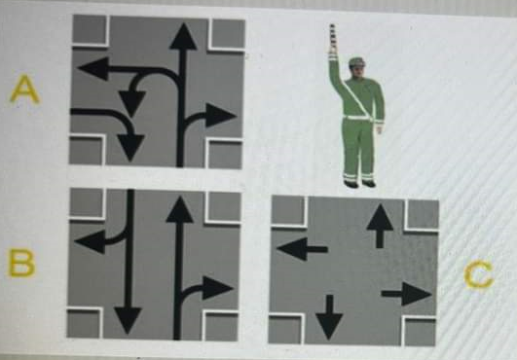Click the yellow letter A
24,90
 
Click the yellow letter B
21,263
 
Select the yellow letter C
478,274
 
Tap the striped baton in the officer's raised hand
332,37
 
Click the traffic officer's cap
356,62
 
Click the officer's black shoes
359,184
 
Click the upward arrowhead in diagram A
183,37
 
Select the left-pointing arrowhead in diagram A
93,68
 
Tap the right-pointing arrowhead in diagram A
221,116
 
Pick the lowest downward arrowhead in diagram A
130,148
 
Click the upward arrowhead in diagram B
180,209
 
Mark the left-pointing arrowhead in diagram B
90,241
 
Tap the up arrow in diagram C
380,226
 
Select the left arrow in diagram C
302,249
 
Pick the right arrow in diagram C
407,294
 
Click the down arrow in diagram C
329,317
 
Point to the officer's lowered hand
379,128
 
